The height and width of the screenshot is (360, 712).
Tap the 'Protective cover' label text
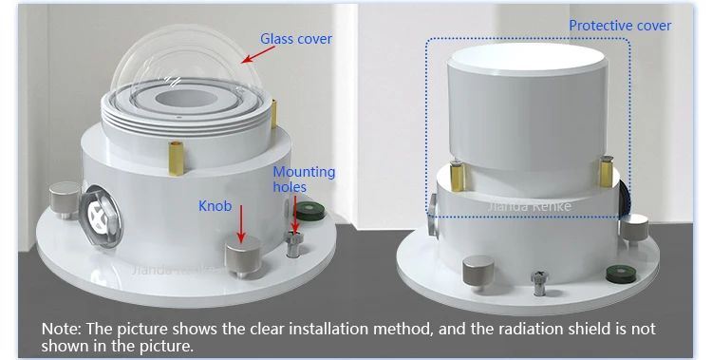(x=619, y=26)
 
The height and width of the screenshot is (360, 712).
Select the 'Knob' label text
(x=214, y=205)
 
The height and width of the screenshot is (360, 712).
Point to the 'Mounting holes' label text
(x=304, y=180)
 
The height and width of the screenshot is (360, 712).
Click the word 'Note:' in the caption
(x=62, y=329)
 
